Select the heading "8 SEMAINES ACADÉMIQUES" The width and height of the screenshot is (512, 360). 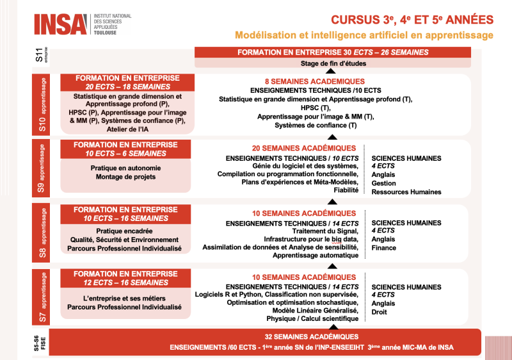tap(315, 81)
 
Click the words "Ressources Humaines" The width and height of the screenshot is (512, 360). tap(406, 192)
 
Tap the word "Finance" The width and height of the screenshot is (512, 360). tap(384, 248)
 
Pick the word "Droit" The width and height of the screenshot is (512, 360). tap(380, 312)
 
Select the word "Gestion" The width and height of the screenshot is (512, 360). tap(384, 183)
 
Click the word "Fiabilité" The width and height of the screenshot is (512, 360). tap(346, 190)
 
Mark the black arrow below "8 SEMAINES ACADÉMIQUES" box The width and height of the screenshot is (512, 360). tap(332, 136)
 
